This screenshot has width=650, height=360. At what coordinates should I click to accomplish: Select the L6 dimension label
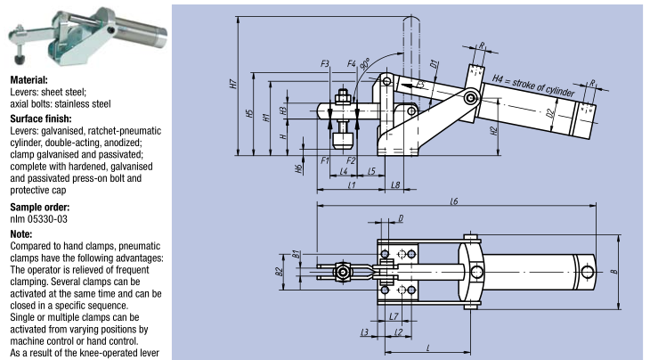[454, 201]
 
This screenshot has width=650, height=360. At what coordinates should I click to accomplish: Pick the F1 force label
[326, 160]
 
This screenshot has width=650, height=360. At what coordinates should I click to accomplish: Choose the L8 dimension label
[396, 184]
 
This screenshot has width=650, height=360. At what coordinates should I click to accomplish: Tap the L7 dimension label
[393, 317]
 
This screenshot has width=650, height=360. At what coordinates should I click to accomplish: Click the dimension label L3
[363, 332]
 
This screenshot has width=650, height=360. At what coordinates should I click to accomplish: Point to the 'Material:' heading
[28, 80]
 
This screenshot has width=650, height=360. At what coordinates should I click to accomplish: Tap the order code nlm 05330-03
[39, 217]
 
